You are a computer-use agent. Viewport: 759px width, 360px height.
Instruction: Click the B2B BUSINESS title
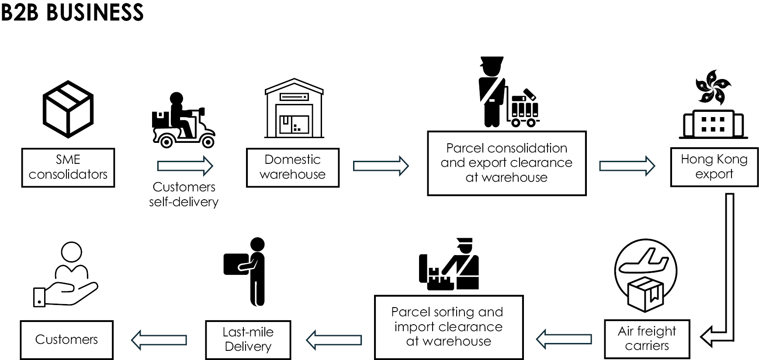coord(72,12)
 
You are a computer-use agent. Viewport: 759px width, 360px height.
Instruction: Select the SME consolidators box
coord(68,167)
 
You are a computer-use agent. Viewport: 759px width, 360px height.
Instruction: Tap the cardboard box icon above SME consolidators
coord(68,109)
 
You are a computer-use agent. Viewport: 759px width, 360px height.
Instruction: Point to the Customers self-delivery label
coord(184,194)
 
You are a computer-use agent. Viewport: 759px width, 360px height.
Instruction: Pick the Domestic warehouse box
coord(292,167)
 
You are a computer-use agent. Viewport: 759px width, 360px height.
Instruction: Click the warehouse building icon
coord(294,109)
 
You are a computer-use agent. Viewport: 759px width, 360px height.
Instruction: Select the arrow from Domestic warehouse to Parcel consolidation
coord(381,166)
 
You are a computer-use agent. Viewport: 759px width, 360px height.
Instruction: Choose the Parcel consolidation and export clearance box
coord(506,163)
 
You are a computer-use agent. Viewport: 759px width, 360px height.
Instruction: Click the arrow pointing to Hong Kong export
coord(627,166)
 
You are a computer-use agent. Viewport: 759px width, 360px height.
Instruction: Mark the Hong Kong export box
coord(714,167)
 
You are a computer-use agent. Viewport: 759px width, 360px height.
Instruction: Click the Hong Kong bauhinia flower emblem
coord(713,86)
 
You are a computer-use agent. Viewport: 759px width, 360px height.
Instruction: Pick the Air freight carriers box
coord(647,339)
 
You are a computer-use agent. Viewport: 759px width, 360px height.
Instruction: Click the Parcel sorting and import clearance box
coord(448,327)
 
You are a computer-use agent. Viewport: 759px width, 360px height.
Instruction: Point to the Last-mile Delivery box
coord(248,339)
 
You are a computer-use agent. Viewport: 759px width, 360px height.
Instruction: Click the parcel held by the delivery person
coord(235,264)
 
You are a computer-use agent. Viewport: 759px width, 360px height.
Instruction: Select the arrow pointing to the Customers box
coord(159,339)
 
